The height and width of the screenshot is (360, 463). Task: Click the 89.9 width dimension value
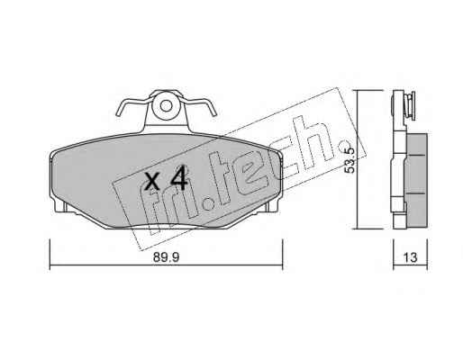[166, 257]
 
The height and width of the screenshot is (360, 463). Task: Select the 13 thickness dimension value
[411, 257]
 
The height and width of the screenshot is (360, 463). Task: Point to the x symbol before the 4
[152, 182]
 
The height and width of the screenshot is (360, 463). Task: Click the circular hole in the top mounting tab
[166, 105]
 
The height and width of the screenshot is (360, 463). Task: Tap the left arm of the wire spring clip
[132, 105]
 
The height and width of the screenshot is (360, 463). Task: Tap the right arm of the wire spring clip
[199, 105]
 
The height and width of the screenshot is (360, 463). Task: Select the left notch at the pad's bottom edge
[66, 207]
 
